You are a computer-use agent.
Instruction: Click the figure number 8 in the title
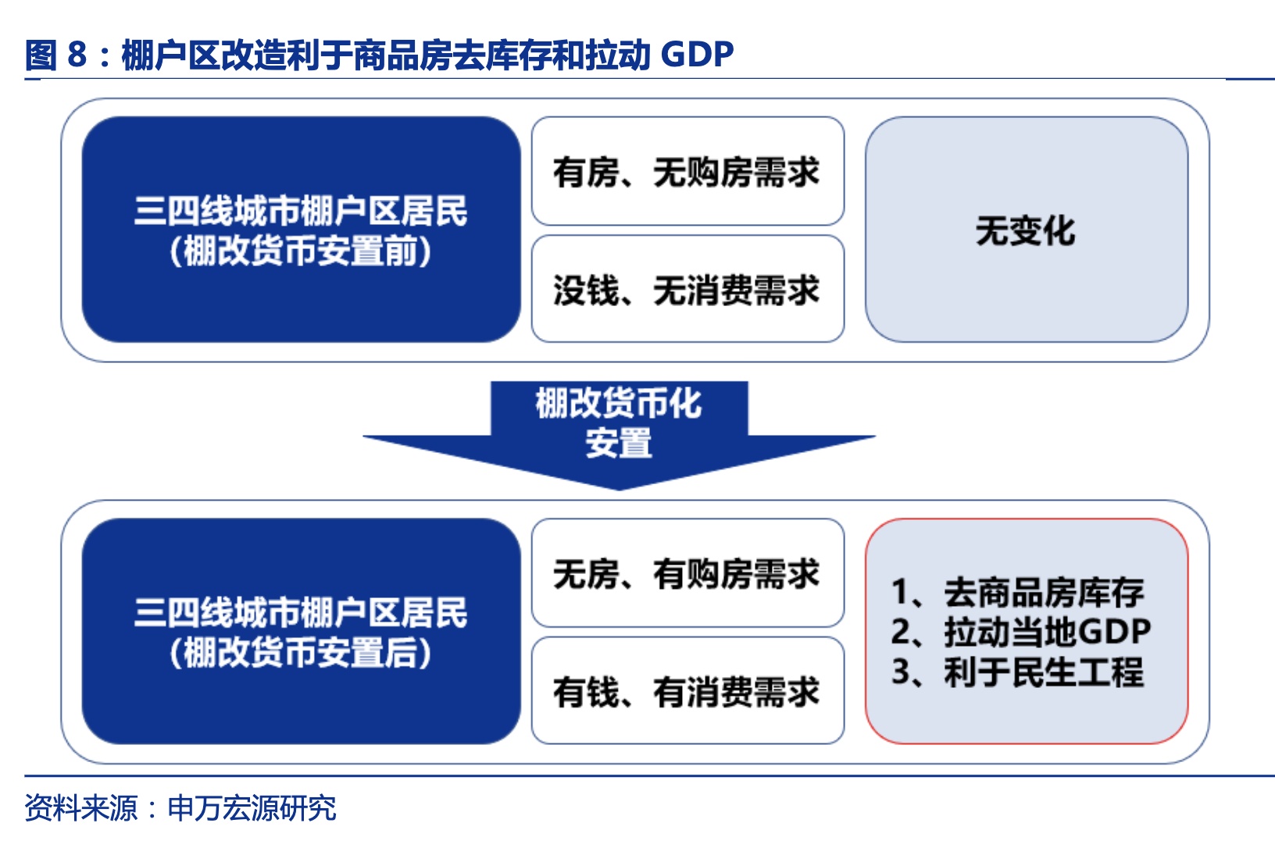pos(77,55)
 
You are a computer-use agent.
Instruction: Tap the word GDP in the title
pos(697,55)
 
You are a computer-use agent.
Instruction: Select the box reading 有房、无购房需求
pos(687,171)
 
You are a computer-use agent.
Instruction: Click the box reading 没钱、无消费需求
pos(687,289)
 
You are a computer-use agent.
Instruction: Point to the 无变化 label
pos(1026,230)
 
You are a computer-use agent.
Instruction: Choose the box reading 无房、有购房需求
pos(687,572)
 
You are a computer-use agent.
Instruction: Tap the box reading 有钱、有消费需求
pos(687,690)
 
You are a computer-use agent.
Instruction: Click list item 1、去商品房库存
pos(1018,592)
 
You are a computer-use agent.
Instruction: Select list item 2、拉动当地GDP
pos(1021,632)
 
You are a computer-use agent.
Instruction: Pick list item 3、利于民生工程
pos(1018,672)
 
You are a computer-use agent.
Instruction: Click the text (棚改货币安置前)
pos(301,251)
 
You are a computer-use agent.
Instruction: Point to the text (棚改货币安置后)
pos(301,652)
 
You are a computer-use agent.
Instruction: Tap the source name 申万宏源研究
pos(252,808)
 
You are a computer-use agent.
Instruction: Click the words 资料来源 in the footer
pos(80,808)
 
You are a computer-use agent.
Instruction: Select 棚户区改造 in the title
pos(203,55)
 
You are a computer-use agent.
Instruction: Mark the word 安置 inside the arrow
pos(619,443)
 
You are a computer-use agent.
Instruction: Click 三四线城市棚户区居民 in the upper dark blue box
pos(301,210)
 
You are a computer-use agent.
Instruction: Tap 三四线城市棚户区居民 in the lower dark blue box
pos(301,612)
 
